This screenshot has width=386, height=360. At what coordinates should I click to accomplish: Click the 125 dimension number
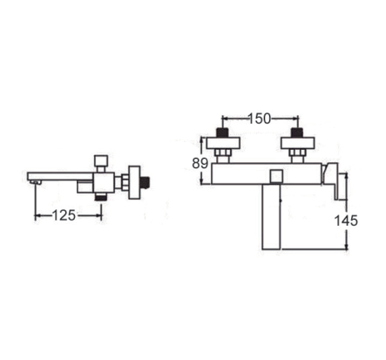pos(64,215)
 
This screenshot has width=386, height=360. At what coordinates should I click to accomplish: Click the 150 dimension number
pos(259,119)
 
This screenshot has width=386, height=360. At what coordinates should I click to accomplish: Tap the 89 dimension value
pos(200,163)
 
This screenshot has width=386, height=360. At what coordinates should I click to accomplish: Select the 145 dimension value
pos(346,221)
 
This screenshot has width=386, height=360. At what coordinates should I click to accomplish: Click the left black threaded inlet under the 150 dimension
pos(222,132)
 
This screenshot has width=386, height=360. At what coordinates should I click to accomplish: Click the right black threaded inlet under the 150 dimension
pos(296,132)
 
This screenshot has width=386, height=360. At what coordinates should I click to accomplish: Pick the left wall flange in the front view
pos(223,143)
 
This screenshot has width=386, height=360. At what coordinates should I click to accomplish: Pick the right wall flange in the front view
pos(297,143)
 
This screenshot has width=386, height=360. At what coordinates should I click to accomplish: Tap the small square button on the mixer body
pos(276,176)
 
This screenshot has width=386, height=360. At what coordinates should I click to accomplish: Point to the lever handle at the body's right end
pos(332,180)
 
